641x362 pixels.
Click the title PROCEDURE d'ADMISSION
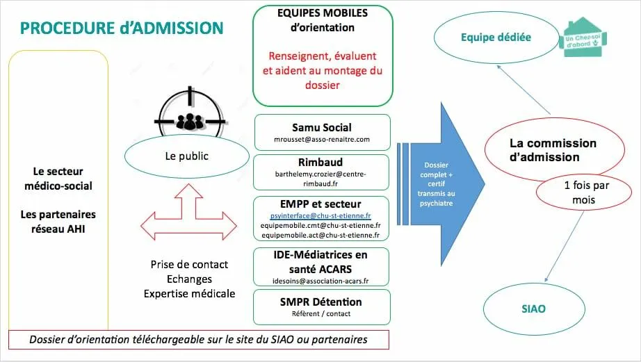(x=122, y=28)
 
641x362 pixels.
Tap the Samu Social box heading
(x=322, y=127)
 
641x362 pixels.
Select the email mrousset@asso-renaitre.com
(x=322, y=140)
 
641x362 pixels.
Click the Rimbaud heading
(x=322, y=162)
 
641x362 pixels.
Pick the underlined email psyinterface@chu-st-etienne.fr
(x=321, y=215)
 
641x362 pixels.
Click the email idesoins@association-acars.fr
(x=321, y=281)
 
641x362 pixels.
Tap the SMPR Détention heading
(x=321, y=302)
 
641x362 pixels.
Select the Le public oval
(x=186, y=156)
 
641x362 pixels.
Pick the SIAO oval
(x=533, y=308)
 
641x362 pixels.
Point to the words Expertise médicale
(x=189, y=293)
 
